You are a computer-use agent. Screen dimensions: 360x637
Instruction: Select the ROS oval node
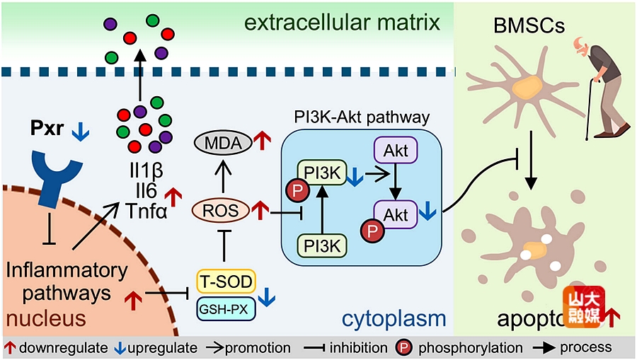[x=220, y=209]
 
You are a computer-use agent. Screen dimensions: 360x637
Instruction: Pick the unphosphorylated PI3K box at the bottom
[x=321, y=245]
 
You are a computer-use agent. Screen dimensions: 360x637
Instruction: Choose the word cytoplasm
[x=394, y=320]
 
